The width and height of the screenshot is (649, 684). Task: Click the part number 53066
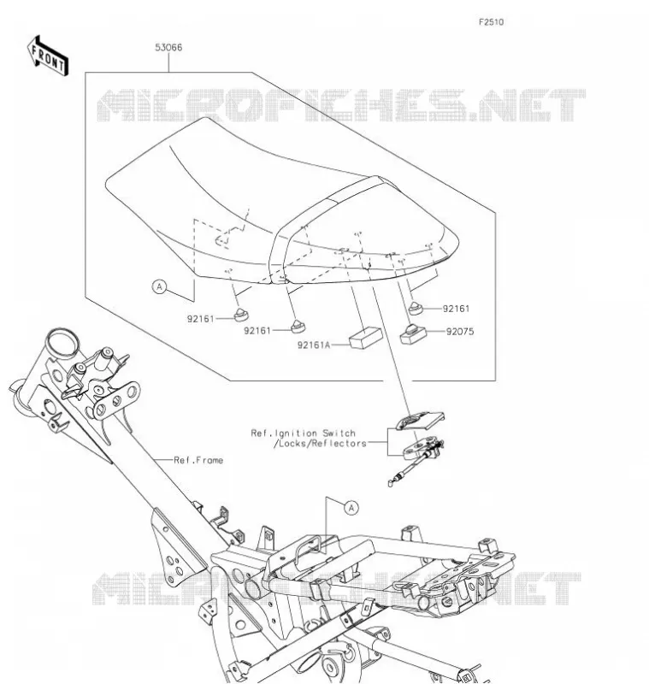click(x=168, y=47)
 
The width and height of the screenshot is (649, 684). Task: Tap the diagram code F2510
click(x=491, y=22)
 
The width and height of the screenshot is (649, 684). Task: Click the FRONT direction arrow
click(x=48, y=56)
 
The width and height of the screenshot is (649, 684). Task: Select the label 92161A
click(x=314, y=345)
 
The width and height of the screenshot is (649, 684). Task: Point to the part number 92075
click(x=460, y=332)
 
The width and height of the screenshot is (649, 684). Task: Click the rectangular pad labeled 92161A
click(x=365, y=338)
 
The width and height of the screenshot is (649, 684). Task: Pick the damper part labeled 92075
click(x=413, y=333)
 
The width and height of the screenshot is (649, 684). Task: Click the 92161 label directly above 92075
click(x=457, y=309)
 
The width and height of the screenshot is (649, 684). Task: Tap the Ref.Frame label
click(x=198, y=460)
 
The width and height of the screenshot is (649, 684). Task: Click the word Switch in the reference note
click(x=339, y=433)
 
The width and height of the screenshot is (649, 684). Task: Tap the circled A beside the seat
click(x=160, y=286)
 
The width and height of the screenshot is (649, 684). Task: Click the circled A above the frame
click(x=351, y=508)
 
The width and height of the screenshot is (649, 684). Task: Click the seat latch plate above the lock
click(x=420, y=420)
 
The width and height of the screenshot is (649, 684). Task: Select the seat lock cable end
click(x=391, y=482)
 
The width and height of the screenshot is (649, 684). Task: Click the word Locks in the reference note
click(x=293, y=444)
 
